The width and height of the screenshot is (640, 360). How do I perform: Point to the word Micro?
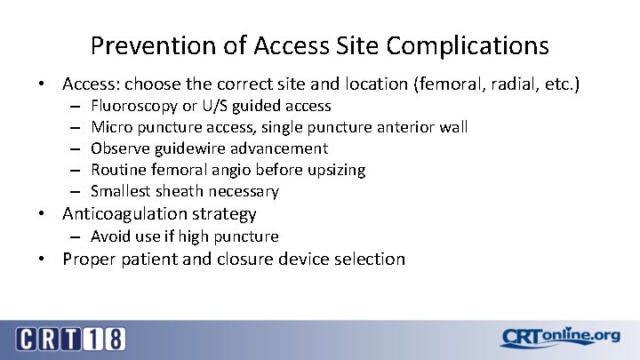pyautogui.click(x=111, y=127)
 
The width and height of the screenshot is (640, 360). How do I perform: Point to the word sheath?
pyautogui.click(x=182, y=191)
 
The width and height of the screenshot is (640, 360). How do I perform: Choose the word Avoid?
pyautogui.click(x=110, y=236)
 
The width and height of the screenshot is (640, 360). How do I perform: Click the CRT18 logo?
pyautogui.click(x=71, y=338)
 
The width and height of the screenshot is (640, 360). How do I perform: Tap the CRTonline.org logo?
pyautogui.click(x=559, y=337)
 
